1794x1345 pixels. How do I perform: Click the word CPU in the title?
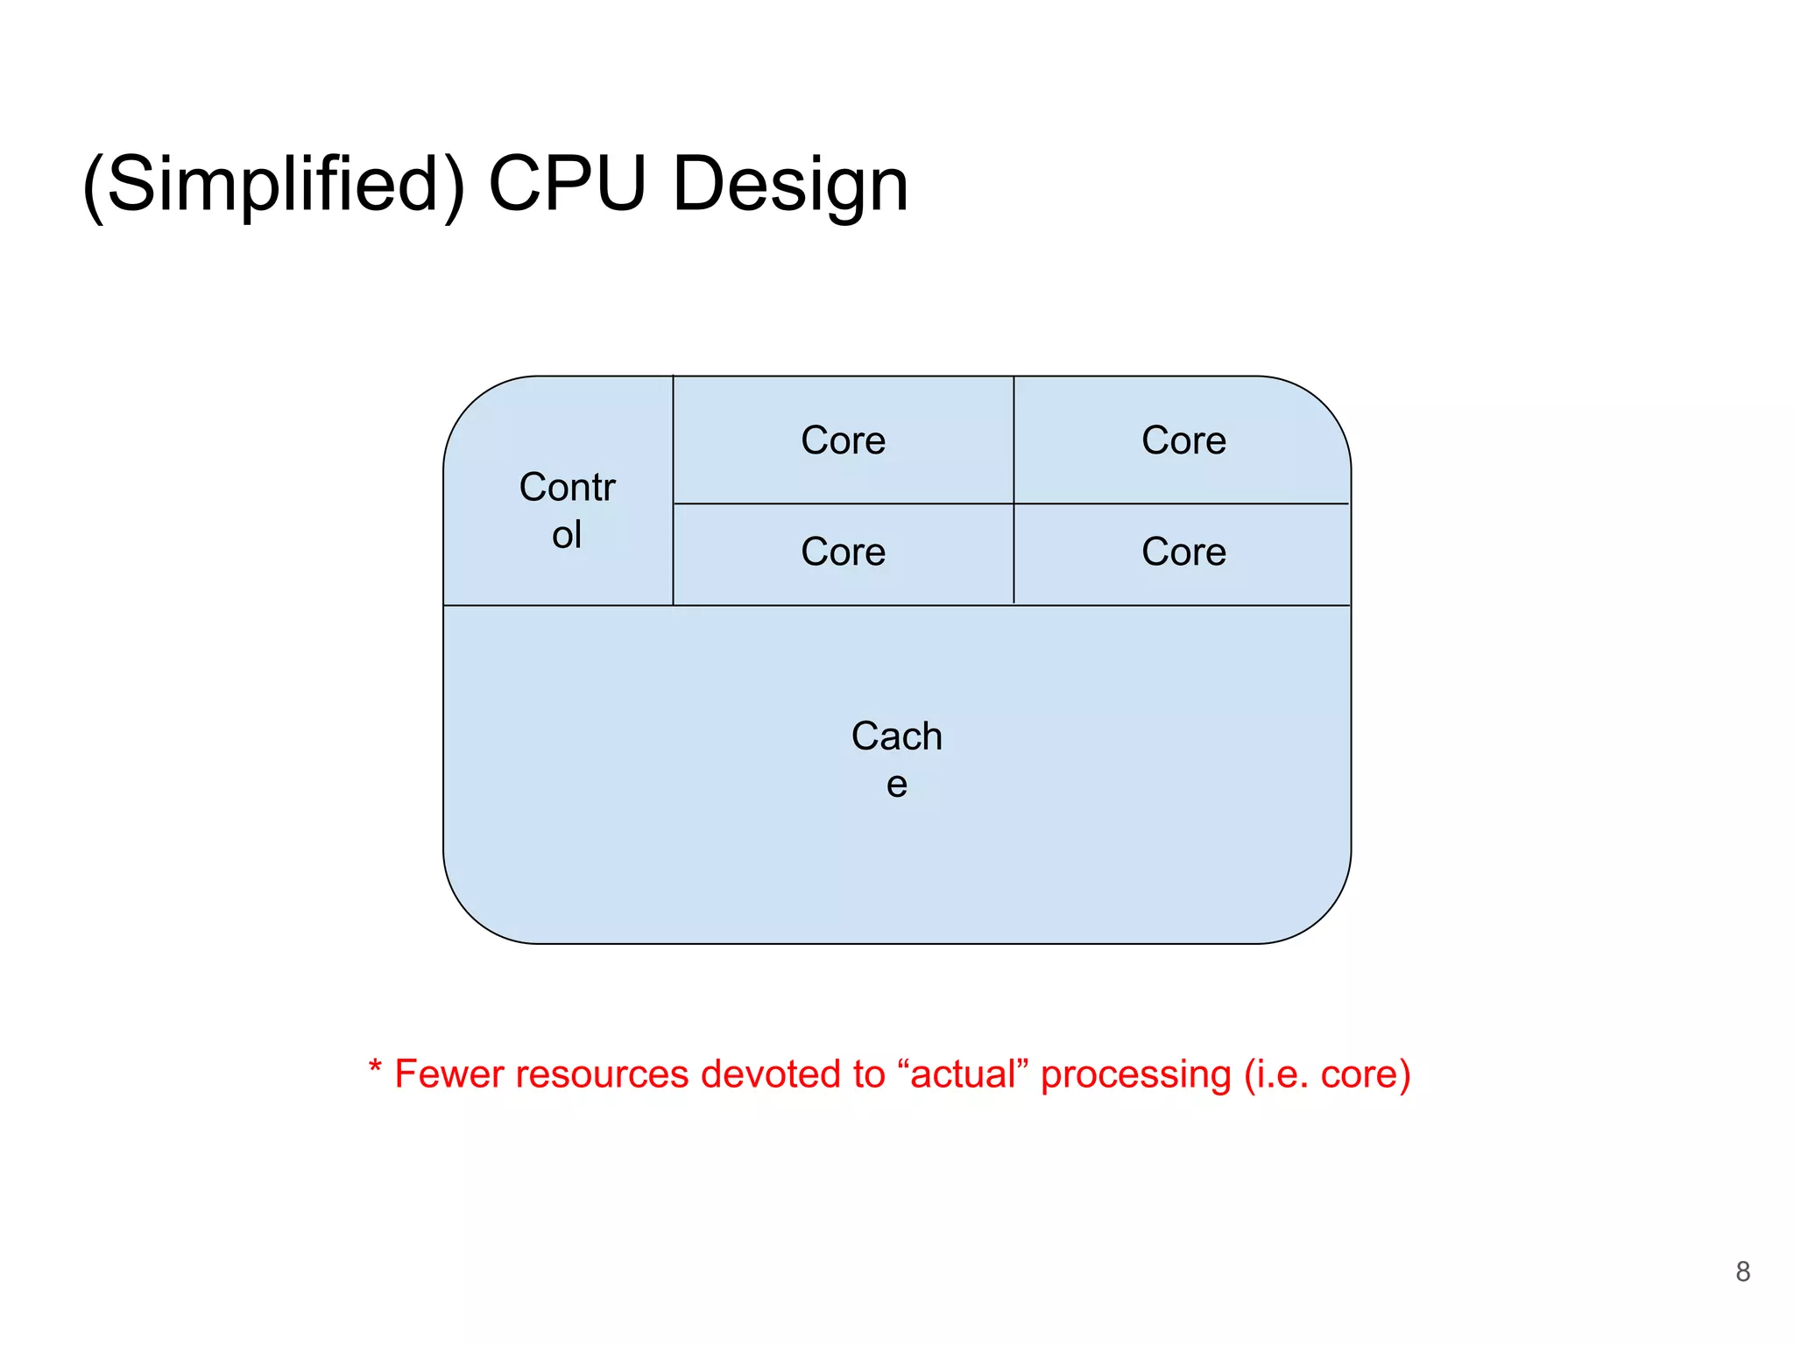pos(567,184)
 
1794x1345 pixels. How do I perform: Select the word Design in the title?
pos(789,186)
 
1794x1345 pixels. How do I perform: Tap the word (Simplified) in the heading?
pos(273,186)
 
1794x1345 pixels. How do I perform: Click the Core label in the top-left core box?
pos(843,440)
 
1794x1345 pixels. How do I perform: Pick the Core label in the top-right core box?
pos(1183,440)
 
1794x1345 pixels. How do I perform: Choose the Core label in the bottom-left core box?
pos(843,552)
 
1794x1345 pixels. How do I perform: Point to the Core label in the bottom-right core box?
pos(1183,552)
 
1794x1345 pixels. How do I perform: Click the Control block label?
pos(567,511)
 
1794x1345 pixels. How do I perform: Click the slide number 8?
pos(1742,1271)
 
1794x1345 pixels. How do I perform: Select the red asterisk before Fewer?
pos(375,1067)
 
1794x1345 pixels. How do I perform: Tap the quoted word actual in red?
pos(964,1074)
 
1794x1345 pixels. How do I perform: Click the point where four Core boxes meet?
pos(1014,503)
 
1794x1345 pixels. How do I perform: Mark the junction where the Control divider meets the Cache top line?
pos(673,605)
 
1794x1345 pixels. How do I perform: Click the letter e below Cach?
pos(896,785)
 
